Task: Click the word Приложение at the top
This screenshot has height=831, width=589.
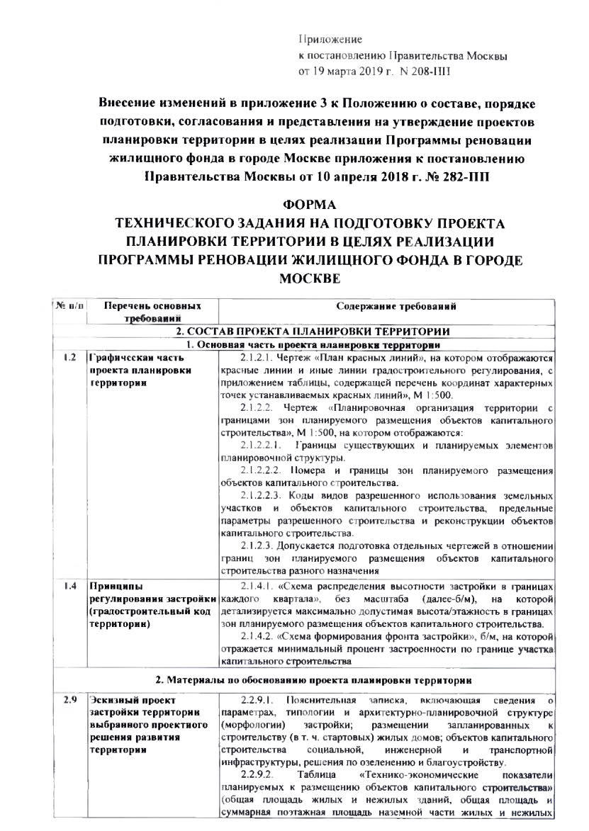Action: click(x=330, y=39)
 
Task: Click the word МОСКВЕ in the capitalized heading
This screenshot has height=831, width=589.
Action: click(x=310, y=278)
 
